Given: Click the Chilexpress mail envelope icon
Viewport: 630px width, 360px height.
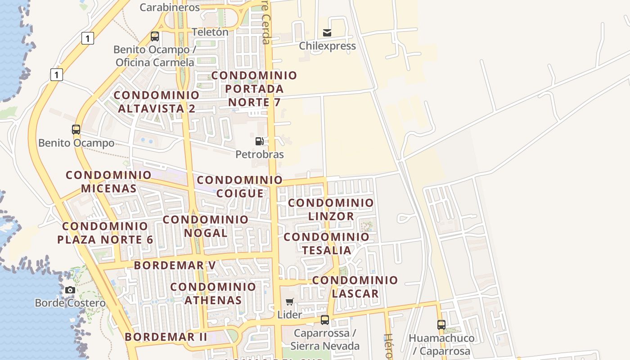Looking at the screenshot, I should pos(327,32).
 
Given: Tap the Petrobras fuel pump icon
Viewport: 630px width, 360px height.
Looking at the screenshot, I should pos(259,141).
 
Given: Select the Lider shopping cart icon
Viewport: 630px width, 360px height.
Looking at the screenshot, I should pos(290,301).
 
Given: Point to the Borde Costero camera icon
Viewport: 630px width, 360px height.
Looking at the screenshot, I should pos(70,290).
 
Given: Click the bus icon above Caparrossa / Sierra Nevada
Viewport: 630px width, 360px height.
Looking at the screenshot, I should pos(324,320).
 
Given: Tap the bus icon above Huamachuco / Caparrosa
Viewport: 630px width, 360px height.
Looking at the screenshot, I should pos(441,324).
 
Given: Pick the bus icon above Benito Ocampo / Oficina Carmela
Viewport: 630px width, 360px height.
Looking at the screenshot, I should pos(155,36).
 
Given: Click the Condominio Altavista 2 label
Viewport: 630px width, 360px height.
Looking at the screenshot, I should pos(157,102).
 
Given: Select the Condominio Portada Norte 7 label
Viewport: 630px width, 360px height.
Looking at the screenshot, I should pos(255,89).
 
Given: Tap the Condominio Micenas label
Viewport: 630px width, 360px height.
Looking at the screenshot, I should pos(109,181).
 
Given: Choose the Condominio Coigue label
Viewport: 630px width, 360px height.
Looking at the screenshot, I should pos(240,186).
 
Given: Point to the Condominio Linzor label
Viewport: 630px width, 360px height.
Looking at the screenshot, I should pos(331,209).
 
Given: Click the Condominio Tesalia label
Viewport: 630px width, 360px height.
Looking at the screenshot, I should pos(327,243).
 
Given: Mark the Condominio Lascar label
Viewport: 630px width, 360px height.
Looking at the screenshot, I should pos(355,287).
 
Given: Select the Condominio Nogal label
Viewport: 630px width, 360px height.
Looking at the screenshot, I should pos(206,226).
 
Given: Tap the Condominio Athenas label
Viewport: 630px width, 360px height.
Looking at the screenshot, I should pos(213,293).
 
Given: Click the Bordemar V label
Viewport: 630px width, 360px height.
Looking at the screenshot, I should pos(175,265).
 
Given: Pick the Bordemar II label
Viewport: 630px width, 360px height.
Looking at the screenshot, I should pos(166,337).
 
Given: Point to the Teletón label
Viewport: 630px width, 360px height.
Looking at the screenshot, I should pos(210,32).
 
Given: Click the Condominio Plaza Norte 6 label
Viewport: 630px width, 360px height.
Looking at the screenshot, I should pos(105,233).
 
